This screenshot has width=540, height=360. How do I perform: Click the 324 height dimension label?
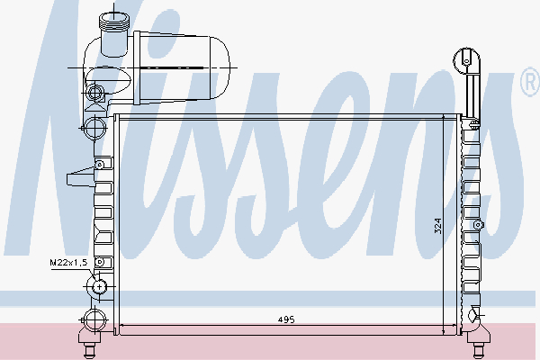438,224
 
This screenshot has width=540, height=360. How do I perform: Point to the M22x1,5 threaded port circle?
97,288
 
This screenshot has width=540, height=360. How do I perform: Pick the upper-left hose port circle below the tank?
94,125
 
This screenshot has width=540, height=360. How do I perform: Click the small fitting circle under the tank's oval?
96,92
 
